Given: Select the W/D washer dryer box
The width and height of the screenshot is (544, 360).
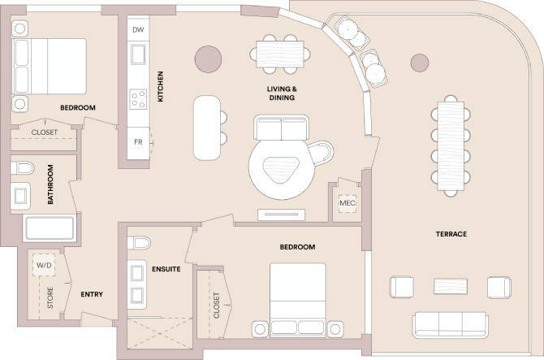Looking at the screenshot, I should point(42,266).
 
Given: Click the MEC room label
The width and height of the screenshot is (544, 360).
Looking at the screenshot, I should point(348,202).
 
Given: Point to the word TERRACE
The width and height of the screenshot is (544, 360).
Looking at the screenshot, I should point(451,234).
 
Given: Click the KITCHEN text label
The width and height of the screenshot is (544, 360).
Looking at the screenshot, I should point(161,87).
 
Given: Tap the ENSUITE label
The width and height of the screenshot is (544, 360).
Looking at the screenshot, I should point(166,269).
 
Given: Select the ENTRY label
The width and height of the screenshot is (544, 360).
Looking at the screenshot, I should point(92,294).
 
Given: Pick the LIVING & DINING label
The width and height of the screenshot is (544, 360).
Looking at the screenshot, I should point(280,93).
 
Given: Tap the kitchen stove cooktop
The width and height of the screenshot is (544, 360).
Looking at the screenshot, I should point(138,99).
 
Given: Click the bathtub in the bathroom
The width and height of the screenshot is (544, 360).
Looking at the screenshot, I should point(50,228).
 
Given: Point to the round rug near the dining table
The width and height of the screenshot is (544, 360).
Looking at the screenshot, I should point(209,59).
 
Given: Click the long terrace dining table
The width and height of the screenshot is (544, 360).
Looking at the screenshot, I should point(449,145).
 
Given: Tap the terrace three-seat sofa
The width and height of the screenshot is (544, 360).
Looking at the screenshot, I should point(449,323).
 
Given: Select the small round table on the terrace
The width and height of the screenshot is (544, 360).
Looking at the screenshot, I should point(419,62).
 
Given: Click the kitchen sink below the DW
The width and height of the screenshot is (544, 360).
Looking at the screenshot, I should point(138,55).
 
